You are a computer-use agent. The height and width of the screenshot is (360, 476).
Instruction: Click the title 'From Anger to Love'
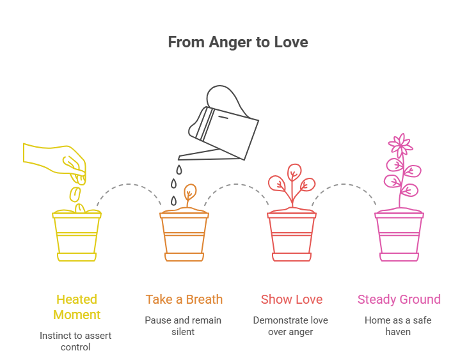click(x=237, y=42)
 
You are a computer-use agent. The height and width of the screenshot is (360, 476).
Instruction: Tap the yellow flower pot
click(x=77, y=235)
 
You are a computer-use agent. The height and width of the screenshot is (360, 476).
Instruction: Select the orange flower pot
click(x=184, y=235)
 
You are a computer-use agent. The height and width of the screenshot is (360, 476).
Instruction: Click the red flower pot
click(x=292, y=235)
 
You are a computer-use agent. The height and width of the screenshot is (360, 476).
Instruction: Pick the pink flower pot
click(x=399, y=235)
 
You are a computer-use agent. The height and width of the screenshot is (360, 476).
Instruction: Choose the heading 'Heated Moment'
click(x=77, y=306)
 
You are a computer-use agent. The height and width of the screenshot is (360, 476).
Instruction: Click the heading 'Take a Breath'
click(x=184, y=299)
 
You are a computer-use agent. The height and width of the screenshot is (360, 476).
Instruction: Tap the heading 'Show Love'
click(x=292, y=299)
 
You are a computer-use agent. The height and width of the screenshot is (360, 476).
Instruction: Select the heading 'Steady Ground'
click(x=399, y=299)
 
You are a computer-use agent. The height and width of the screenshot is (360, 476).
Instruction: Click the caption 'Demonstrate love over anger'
click(x=292, y=326)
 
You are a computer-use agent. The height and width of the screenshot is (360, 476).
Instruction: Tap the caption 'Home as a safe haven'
click(x=399, y=326)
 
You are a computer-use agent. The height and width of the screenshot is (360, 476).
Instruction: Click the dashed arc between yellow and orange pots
click(x=131, y=185)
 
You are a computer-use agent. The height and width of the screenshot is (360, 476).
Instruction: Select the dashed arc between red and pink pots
click(x=345, y=185)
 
